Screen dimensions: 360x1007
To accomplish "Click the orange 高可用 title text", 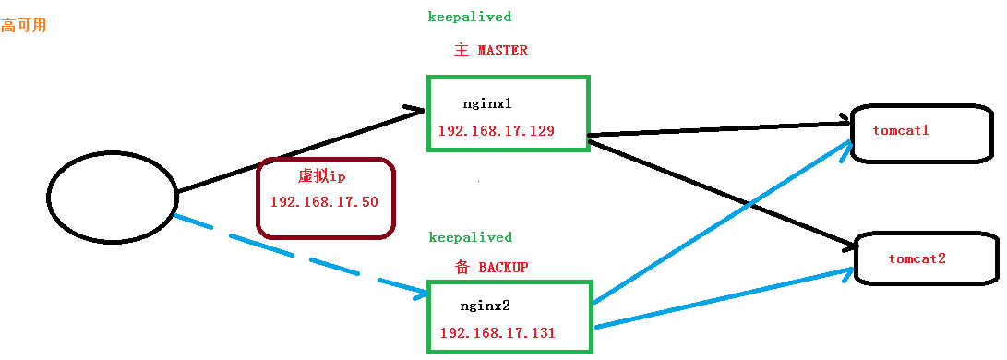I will pyautogui.click(x=24, y=26).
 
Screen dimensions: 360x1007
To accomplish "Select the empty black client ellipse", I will pyautogui.click(x=112, y=197).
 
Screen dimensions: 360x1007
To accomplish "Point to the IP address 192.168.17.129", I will pyautogui.click(x=497, y=130).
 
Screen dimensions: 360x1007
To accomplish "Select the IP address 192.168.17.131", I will pyautogui.click(x=498, y=332).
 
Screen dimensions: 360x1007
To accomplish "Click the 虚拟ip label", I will pyautogui.click(x=321, y=176).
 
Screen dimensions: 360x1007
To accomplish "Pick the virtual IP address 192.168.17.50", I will pyautogui.click(x=324, y=201).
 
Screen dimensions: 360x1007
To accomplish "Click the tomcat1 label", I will pyautogui.click(x=900, y=130).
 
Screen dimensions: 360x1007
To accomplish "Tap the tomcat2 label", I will pyautogui.click(x=917, y=258).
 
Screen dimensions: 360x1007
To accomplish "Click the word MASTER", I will pyautogui.click(x=503, y=51).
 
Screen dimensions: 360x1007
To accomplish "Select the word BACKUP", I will pyautogui.click(x=503, y=268).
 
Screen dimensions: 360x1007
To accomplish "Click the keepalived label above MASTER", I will pyautogui.click(x=469, y=17).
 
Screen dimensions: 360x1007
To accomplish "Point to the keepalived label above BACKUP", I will pyautogui.click(x=470, y=237).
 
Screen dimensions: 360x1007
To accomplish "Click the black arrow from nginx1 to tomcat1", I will pyautogui.click(x=720, y=127).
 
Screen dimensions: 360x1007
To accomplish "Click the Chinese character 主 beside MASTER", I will pyautogui.click(x=462, y=51).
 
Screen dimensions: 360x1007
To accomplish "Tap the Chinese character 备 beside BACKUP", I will pyautogui.click(x=462, y=268).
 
